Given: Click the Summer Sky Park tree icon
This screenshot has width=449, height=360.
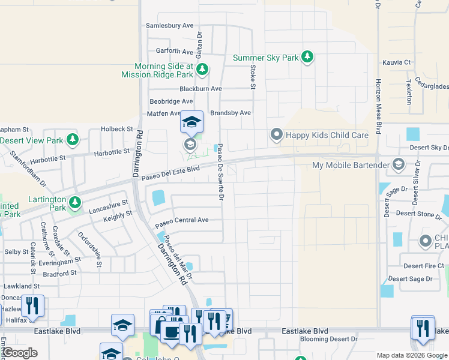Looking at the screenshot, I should pos(307,58).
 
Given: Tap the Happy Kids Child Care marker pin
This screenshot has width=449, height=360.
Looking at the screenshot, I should pos(276,134).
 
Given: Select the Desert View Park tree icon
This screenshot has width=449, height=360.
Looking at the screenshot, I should pos(73,140).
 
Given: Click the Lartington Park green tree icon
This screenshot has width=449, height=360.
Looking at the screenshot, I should pos(75,202).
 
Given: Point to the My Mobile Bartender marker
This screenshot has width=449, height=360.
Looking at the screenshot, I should pos(398,164).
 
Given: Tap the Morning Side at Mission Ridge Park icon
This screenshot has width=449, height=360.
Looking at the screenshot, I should pos(202,70).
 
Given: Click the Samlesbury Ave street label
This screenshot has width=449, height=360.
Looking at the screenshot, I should pos(170,26).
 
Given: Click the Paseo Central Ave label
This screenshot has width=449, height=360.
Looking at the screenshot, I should pos(182,220).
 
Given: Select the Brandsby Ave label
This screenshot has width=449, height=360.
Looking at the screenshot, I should pos(230,113).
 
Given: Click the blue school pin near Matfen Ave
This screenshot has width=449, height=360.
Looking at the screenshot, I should pos(191,122).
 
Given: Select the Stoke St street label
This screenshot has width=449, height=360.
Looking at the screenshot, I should pos(253,78).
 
